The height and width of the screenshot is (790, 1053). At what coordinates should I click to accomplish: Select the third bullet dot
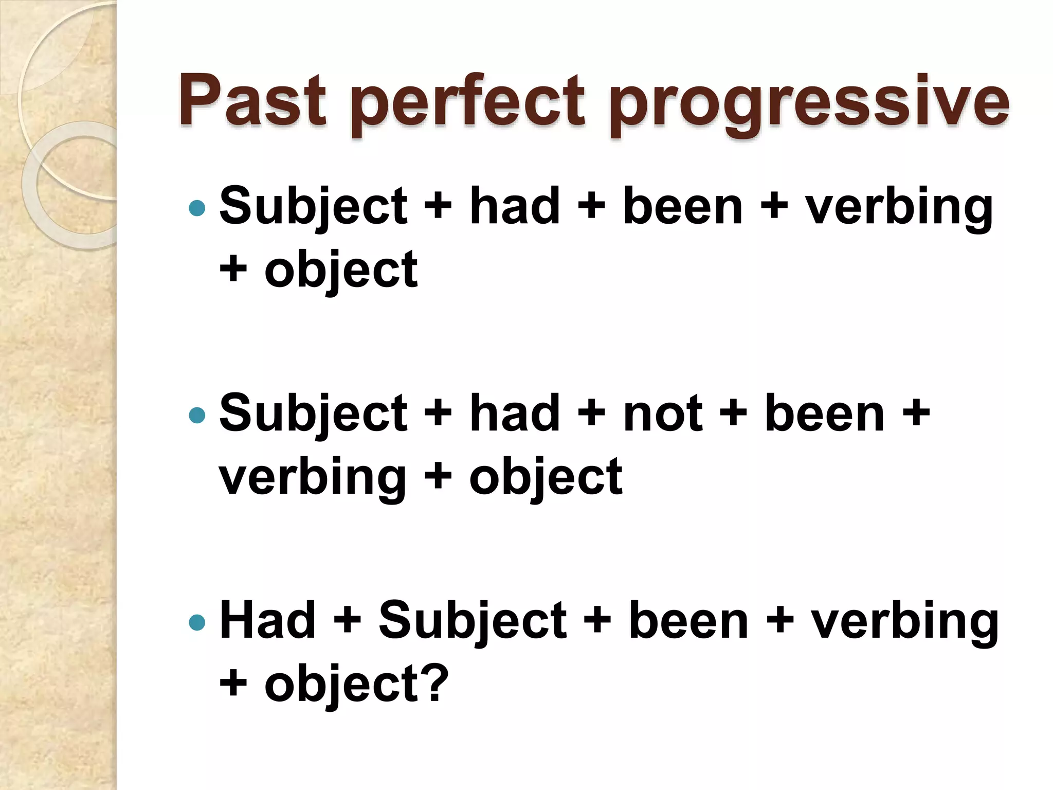point(197,622)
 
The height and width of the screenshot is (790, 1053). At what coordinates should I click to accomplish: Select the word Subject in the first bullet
point(313,207)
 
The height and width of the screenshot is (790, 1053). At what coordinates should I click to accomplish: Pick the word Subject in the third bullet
point(472,621)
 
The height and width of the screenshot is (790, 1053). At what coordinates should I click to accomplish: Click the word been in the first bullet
point(683,207)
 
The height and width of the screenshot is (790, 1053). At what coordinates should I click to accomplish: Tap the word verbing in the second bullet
point(313,477)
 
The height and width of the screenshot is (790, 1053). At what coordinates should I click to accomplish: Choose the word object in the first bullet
point(341,271)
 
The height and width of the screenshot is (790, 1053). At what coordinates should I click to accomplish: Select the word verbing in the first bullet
point(899,207)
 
